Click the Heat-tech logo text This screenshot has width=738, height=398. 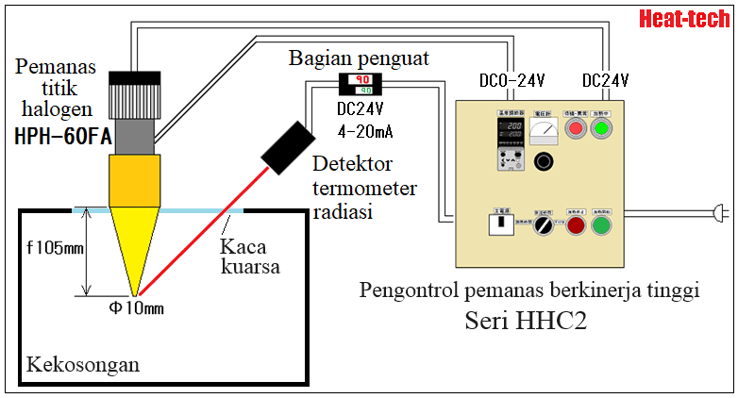(x=684, y=18)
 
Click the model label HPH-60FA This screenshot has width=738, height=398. (x=62, y=138)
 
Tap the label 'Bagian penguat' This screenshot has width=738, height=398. (x=359, y=58)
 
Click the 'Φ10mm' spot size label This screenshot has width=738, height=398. (x=139, y=307)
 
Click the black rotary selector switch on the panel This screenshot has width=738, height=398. (x=544, y=226)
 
